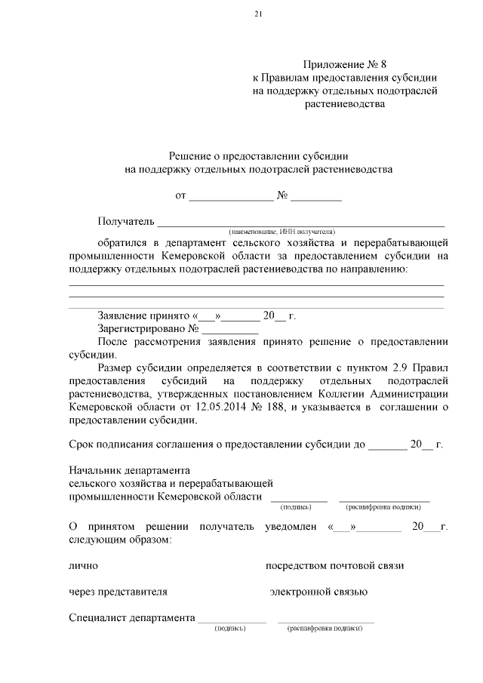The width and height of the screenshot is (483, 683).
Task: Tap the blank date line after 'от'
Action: pos(231,198)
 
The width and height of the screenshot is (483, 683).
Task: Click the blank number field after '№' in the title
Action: pos(316,198)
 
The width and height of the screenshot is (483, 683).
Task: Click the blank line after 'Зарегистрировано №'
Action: pos(229,330)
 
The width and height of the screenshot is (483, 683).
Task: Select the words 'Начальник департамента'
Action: pos(129,470)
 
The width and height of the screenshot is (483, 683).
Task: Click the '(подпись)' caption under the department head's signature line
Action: pos(299,507)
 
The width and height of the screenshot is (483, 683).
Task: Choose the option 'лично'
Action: pos(83,565)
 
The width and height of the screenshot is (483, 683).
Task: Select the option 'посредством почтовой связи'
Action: pos(336,565)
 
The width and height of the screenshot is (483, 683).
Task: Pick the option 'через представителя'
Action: pos(118,592)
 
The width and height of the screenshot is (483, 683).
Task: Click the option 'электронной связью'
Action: pos(318,592)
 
